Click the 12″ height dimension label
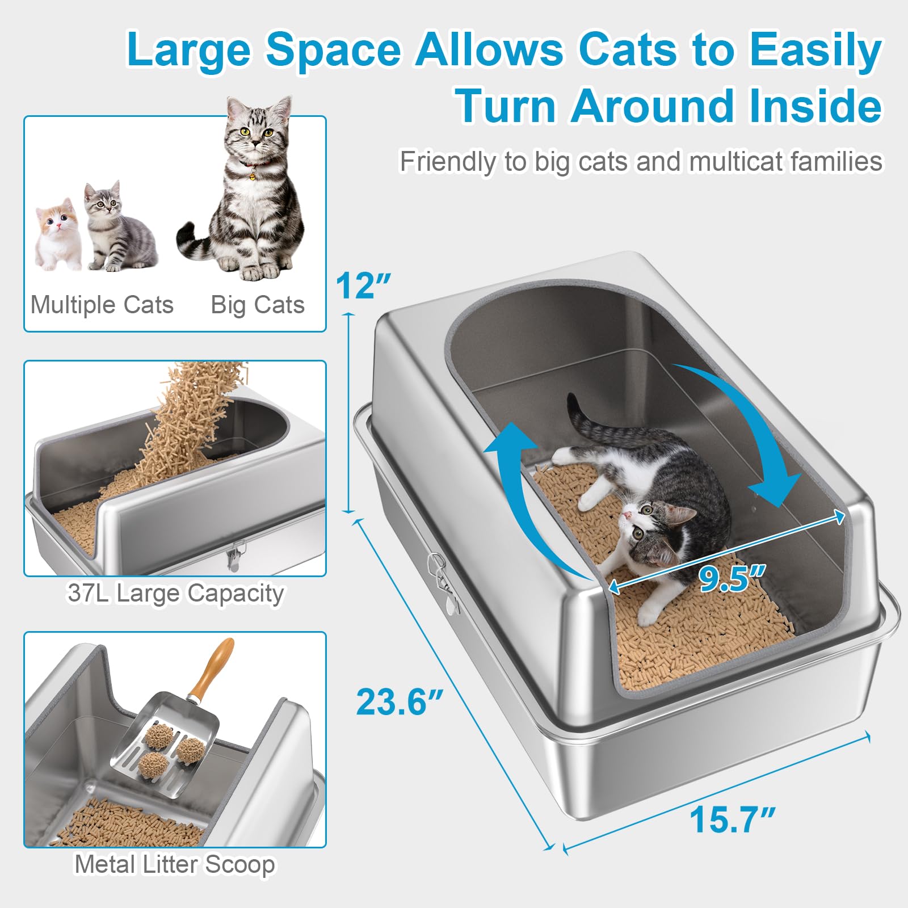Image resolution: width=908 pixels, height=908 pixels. [363, 285]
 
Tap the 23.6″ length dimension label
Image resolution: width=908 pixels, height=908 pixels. [399, 702]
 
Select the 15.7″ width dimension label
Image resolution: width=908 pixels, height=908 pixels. [732, 820]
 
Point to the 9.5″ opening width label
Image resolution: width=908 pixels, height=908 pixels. [732, 578]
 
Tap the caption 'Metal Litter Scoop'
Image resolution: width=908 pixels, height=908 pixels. [175, 865]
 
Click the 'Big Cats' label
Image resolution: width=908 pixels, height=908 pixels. [258, 305]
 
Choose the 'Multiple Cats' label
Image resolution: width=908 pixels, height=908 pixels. [102, 305]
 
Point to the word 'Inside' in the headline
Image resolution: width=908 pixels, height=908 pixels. [815, 106]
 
